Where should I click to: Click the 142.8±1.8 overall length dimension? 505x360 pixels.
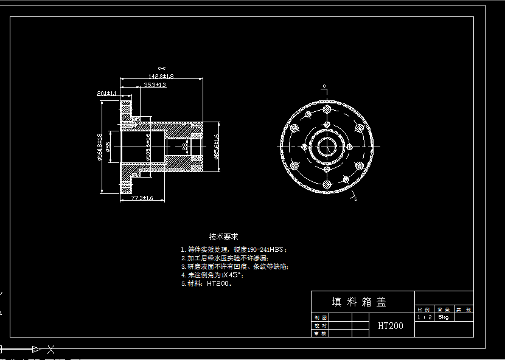(161, 76)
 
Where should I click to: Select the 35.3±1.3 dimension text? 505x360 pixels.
(155, 85)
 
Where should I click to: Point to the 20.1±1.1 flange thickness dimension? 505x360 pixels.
(106, 93)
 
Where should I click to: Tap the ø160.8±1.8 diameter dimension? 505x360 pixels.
(100, 147)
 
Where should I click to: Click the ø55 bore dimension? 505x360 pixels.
(108, 147)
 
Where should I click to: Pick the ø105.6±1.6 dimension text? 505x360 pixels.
(148, 147)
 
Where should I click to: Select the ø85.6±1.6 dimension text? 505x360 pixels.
(216, 147)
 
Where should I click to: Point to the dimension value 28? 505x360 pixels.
(184, 147)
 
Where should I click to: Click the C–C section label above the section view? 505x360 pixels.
(161, 68)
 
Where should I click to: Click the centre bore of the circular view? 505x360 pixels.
(327, 147)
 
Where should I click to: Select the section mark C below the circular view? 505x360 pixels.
(355, 198)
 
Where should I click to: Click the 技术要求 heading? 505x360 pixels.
(223, 237)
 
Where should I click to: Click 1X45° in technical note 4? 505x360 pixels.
(229, 275)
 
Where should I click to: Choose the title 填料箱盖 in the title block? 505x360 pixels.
(359, 302)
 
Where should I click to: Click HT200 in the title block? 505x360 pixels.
(390, 326)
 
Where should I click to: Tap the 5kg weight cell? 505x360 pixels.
(444, 317)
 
